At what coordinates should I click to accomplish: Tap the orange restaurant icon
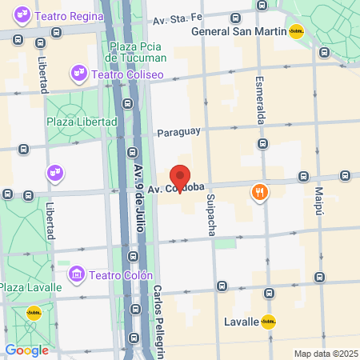(x=259, y=192)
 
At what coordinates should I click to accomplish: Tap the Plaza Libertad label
(x=82, y=122)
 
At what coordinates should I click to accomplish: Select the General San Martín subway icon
(x=296, y=31)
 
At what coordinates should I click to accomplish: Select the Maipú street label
(x=318, y=202)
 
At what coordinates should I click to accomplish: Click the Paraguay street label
(x=178, y=131)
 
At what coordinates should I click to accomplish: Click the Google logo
(x=26, y=350)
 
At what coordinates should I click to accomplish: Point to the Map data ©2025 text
(x=324, y=354)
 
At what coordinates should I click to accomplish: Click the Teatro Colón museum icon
(x=77, y=273)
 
